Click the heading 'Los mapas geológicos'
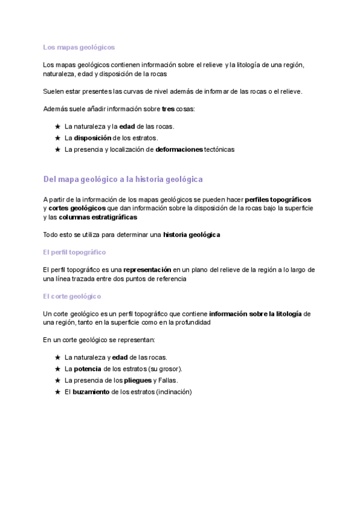(79, 47)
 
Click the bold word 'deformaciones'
(179, 149)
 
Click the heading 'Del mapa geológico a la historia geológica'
(123, 179)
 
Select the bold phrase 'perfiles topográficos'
(278, 199)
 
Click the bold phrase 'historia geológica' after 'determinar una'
(191, 235)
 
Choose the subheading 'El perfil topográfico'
(74, 252)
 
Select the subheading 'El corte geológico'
(72, 296)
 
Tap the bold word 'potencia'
(88, 369)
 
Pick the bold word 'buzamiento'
(91, 392)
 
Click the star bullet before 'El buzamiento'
(57, 392)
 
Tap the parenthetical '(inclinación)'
(171, 392)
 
